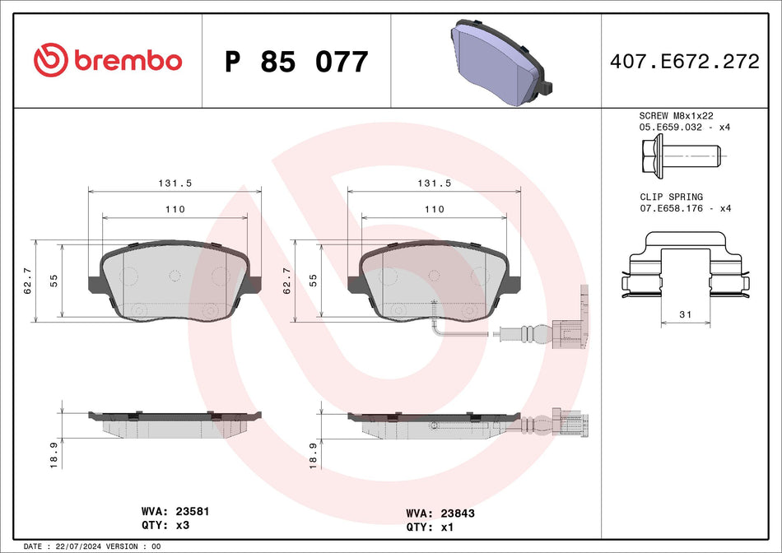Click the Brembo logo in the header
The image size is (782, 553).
click(x=107, y=61)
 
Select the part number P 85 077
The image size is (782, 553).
click(x=296, y=62)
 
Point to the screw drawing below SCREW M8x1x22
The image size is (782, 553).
click(x=679, y=154)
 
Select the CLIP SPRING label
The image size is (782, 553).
click(x=672, y=197)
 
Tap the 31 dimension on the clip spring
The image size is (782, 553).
click(x=686, y=314)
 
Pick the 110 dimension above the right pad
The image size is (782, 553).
click(x=434, y=209)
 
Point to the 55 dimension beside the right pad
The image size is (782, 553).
click(x=312, y=280)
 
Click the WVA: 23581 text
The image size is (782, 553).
click(x=175, y=511)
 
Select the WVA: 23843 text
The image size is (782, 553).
click(x=440, y=513)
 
